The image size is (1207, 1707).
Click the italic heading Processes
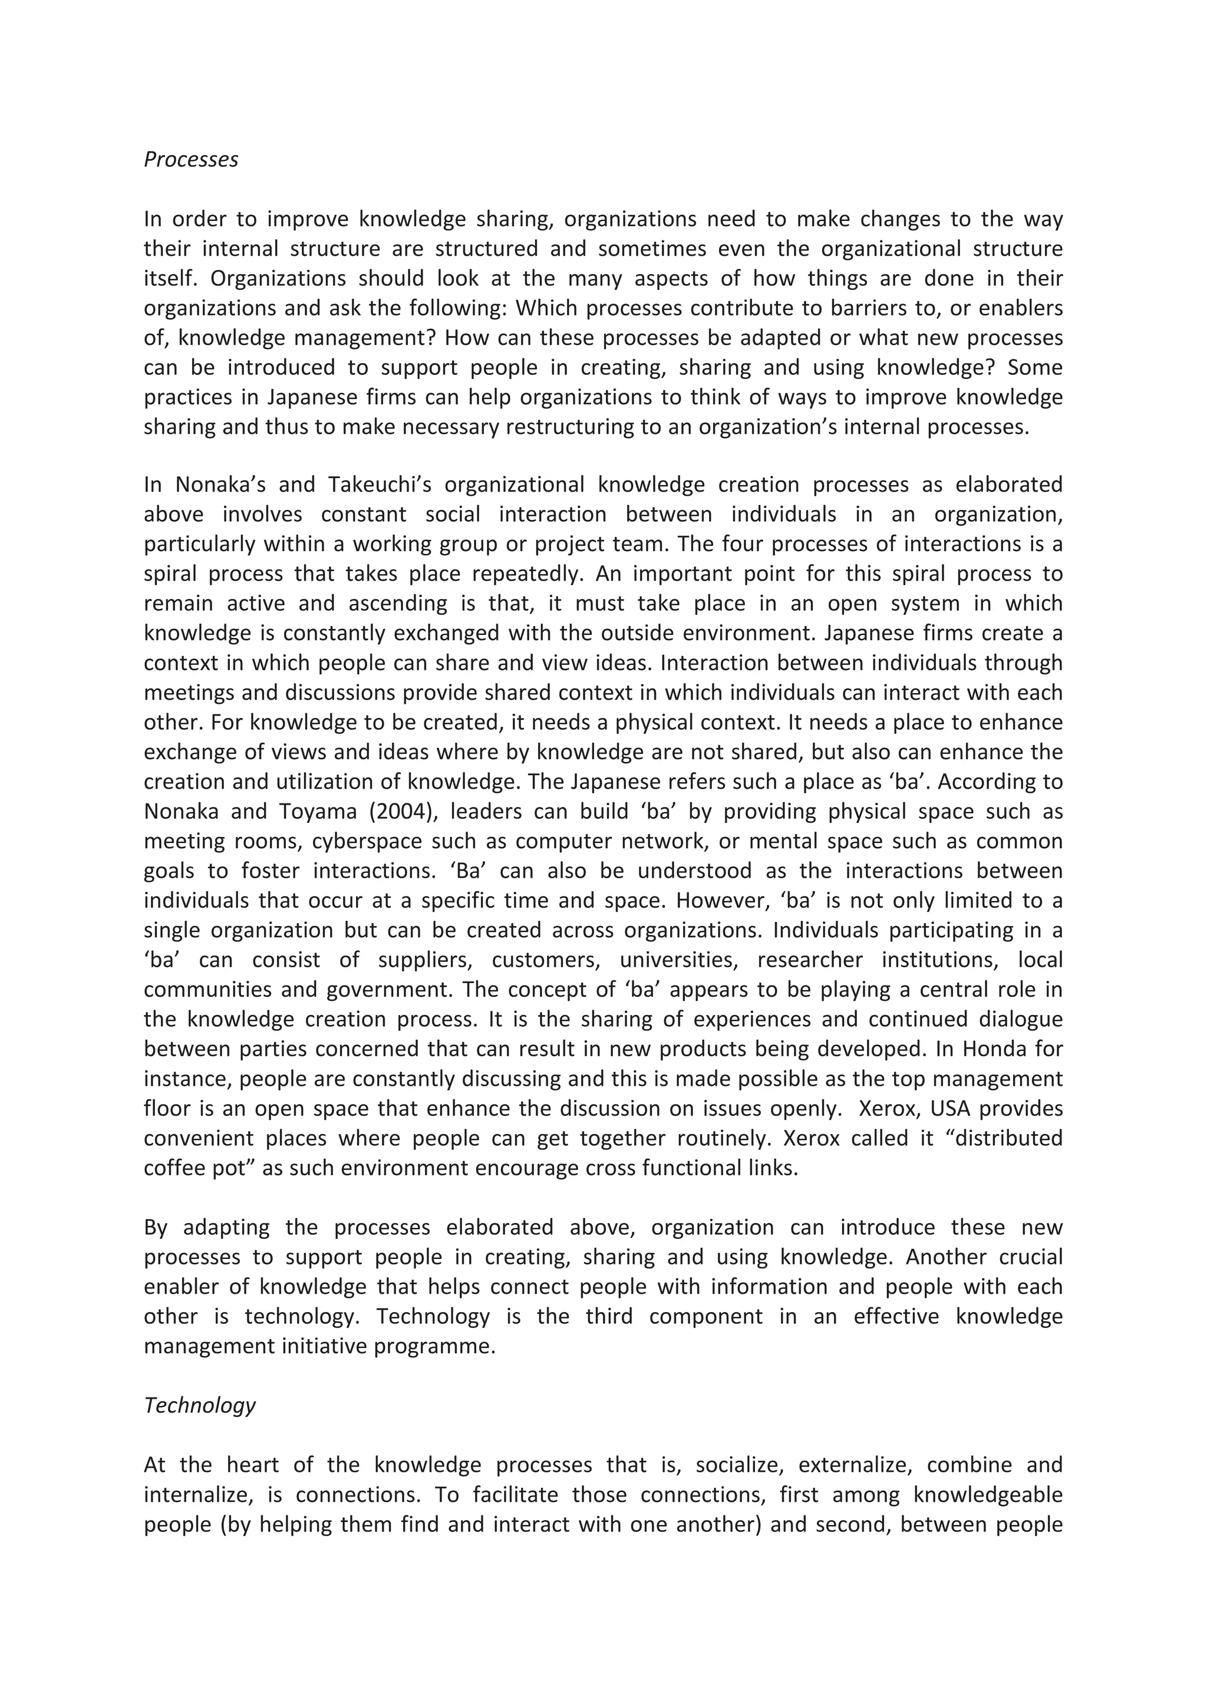coord(191,159)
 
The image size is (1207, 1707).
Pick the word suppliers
coord(425,960)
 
